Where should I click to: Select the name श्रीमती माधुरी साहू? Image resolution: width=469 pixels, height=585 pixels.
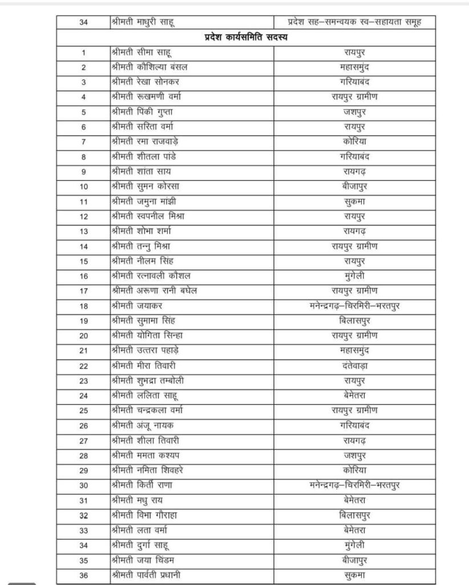coord(143,22)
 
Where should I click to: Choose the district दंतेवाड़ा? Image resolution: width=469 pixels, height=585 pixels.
coord(354,366)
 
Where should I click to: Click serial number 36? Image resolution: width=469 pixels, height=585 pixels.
coord(83,575)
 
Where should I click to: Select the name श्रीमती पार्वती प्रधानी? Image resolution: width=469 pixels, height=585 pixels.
coord(149,575)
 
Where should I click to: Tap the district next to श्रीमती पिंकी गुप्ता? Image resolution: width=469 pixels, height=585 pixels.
coord(354,112)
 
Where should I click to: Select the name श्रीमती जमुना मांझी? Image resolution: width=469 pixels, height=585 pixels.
coord(143,202)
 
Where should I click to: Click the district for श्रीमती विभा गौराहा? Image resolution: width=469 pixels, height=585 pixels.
coord(354,515)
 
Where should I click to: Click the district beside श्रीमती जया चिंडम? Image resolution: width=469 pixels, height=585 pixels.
coord(354,560)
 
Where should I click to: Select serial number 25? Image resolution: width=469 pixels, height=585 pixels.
coord(83,411)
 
